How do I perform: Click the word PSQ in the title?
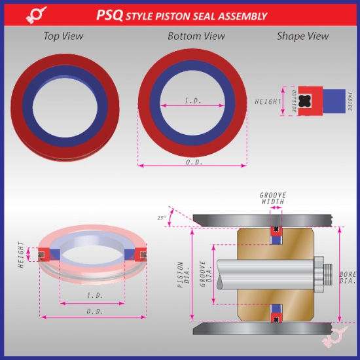(110, 15)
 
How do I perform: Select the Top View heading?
(63, 37)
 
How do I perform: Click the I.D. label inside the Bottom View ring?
(192, 99)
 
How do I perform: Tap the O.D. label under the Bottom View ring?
(194, 161)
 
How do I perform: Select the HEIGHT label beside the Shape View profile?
(268, 102)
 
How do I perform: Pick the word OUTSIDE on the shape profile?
(293, 102)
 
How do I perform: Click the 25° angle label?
(161, 218)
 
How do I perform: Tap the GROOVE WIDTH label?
(273, 199)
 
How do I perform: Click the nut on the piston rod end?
(321, 275)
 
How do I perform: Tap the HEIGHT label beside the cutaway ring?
(22, 255)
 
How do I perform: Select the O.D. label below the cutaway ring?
(95, 312)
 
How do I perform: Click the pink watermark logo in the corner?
(335, 338)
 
